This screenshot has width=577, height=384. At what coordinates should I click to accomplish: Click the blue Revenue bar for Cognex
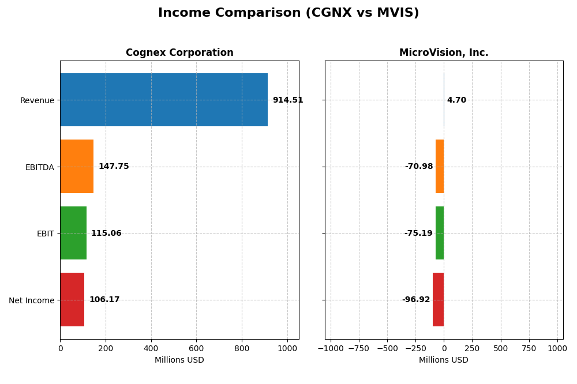coord(164,100)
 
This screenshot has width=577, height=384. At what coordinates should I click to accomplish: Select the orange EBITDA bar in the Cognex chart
coord(77,166)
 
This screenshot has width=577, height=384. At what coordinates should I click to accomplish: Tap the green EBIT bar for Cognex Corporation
coord(73,233)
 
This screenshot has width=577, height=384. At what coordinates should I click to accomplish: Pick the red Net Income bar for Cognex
coord(72,299)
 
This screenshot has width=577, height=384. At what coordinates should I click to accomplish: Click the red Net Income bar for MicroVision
coord(439,299)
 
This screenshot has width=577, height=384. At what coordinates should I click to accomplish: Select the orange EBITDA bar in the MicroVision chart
coord(440,166)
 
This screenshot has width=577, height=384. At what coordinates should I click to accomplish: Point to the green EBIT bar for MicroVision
coord(440,233)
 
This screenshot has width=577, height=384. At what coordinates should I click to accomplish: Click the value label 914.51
coord(287,100)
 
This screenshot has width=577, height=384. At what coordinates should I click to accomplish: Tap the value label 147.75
coord(114,167)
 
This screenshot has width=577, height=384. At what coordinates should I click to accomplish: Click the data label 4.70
coord(456,100)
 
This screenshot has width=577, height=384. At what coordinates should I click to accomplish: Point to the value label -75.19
coord(418,234)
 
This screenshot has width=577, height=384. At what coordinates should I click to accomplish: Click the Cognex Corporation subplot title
coord(179,53)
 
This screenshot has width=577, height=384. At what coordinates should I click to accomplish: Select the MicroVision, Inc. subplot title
coord(444,53)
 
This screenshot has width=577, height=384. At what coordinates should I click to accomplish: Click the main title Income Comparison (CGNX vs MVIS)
coord(288,13)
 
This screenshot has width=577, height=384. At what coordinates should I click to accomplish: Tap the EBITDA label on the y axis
coord(40,167)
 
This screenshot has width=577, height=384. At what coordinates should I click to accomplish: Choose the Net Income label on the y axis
coord(32,300)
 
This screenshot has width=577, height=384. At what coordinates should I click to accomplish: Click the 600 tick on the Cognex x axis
coord(196,348)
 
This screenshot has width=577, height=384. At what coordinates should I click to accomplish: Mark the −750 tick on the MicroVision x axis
coord(359,348)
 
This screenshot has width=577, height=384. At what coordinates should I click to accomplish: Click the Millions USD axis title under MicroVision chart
coord(444,360)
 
